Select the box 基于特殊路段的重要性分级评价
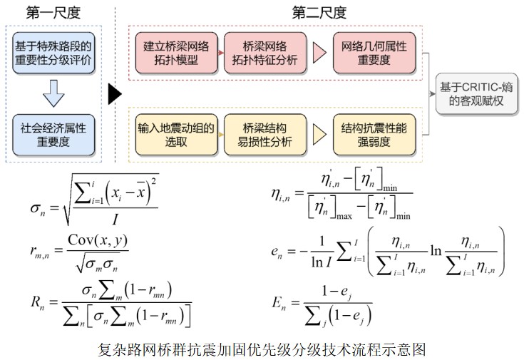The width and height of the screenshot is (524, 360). (x=53, y=53)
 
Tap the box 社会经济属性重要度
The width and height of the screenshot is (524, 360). (x=53, y=135)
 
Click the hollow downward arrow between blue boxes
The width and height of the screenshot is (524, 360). (x=53, y=93)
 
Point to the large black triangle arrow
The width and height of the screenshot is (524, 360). (x=114, y=93)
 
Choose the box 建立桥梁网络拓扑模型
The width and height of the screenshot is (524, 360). (x=176, y=53)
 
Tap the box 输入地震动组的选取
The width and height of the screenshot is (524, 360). (x=176, y=134)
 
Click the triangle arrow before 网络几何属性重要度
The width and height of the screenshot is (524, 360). (x=318, y=53)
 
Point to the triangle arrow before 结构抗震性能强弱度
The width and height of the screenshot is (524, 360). (x=318, y=134)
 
